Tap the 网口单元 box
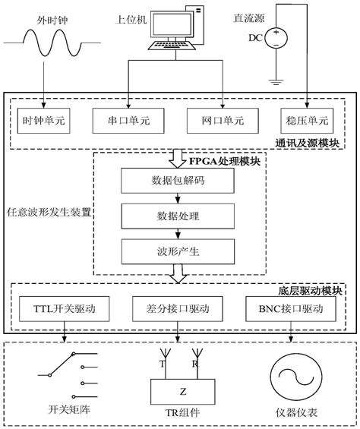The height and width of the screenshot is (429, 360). click(x=220, y=120)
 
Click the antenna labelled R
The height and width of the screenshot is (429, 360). click(x=195, y=357)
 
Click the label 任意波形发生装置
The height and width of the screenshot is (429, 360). click(x=48, y=213)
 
